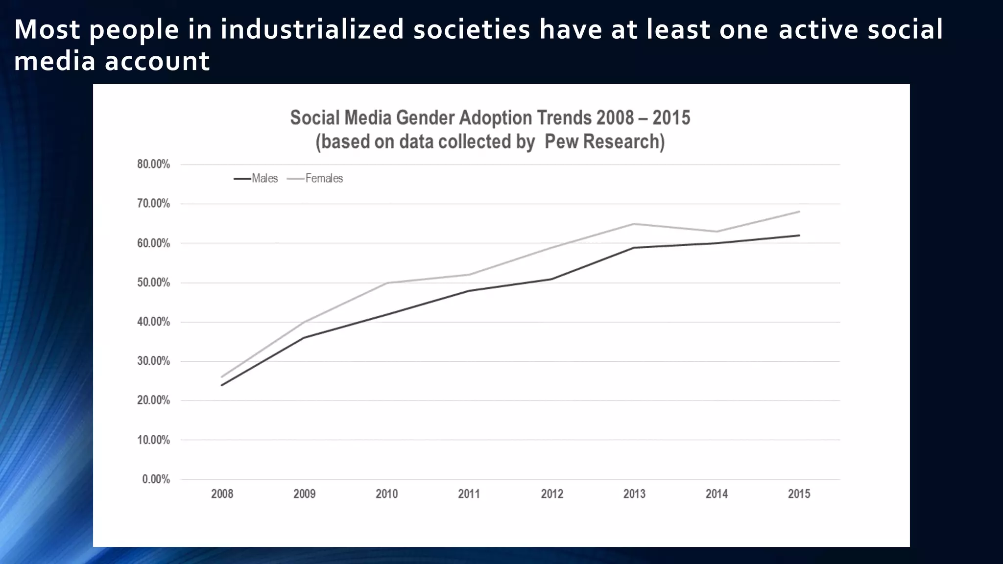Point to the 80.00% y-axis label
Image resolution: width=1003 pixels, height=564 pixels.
153,164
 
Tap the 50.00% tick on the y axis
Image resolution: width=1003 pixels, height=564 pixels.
153,283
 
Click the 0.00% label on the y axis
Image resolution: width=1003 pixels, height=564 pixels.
156,479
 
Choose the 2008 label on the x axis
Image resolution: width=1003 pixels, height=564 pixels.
222,494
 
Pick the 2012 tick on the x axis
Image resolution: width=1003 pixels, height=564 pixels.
552,494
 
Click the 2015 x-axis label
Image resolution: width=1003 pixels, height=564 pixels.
799,494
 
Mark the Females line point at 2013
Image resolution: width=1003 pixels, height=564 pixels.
634,224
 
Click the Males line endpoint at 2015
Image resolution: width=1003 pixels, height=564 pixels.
799,235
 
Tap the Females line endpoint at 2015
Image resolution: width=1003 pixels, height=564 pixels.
799,211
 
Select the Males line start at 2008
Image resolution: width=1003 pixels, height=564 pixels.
222,385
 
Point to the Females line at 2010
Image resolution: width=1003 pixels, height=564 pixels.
387,283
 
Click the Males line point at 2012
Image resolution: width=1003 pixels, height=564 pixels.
552,279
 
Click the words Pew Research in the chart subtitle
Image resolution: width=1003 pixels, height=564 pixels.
604,141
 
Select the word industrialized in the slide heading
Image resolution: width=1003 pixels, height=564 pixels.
311,29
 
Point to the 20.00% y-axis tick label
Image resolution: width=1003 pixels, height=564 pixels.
153,400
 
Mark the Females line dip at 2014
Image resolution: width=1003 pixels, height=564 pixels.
716,232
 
